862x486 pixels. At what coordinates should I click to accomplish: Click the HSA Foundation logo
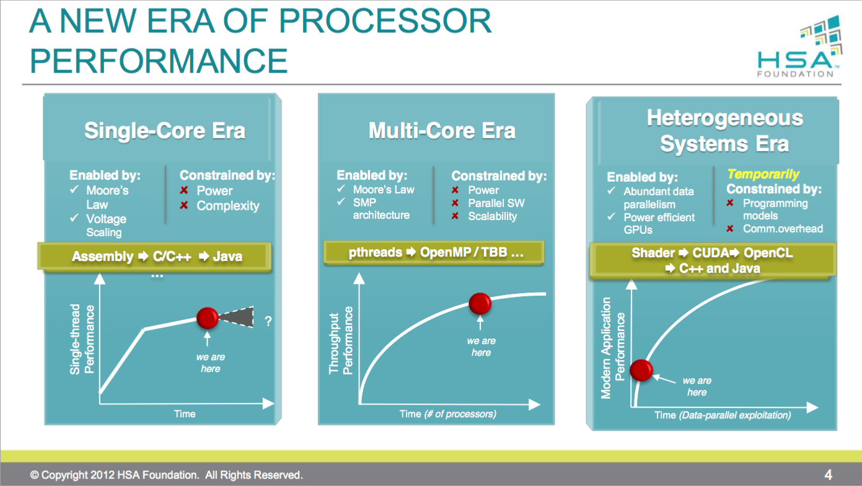click(x=799, y=46)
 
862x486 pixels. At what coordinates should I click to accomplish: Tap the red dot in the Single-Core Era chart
click(x=208, y=318)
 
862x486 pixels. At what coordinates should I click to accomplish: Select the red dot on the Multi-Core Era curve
click(x=480, y=304)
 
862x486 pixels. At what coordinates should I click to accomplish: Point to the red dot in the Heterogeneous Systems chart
click(x=641, y=370)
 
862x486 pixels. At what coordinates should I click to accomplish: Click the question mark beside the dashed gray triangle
click(x=268, y=321)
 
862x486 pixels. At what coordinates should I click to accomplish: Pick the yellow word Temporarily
click(x=763, y=174)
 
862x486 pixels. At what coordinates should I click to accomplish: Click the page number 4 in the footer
click(x=828, y=475)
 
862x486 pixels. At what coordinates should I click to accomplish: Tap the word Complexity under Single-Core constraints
click(x=228, y=206)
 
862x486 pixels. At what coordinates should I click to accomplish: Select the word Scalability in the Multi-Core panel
click(x=492, y=216)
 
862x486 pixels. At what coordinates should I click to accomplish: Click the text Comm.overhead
click(x=783, y=229)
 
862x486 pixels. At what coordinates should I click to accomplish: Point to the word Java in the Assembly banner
click(x=228, y=256)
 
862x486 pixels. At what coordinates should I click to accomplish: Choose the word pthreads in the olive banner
click(x=375, y=252)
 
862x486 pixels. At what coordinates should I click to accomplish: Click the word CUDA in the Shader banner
click(x=711, y=253)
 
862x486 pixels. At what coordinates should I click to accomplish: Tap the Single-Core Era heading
click(x=165, y=130)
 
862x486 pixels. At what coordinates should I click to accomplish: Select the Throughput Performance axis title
click(x=340, y=340)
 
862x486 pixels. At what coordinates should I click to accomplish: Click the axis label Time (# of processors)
click(x=448, y=414)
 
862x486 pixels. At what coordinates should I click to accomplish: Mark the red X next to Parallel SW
click(x=455, y=203)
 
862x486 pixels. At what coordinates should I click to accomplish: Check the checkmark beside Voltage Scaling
click(x=74, y=218)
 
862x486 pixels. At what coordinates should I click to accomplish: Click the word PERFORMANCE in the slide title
click(x=159, y=61)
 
